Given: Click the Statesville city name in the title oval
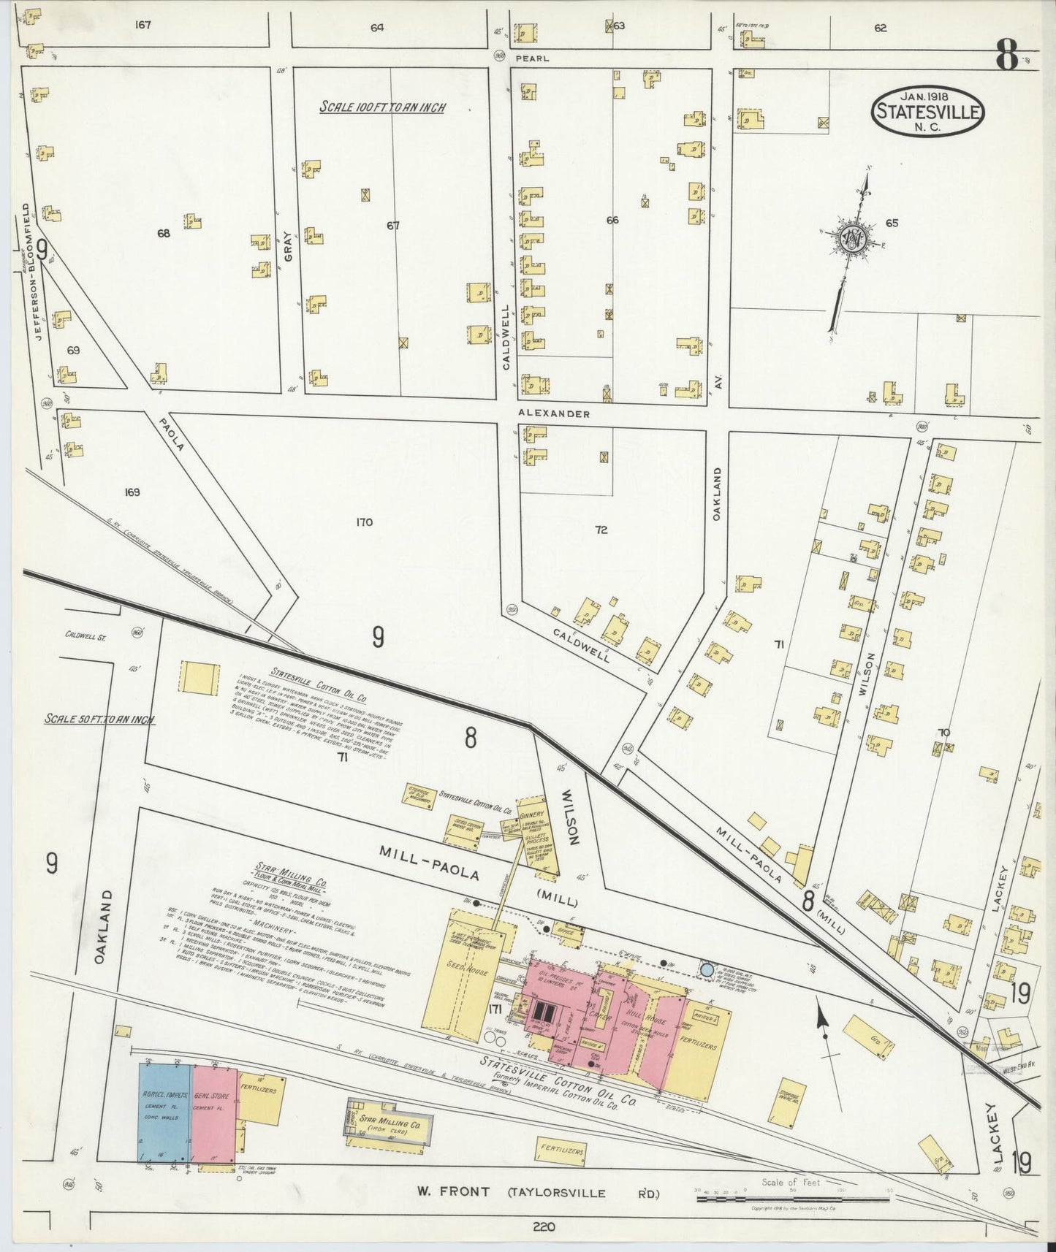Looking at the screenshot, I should pyautogui.click(x=927, y=112).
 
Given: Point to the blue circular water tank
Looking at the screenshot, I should pyautogui.click(x=706, y=970).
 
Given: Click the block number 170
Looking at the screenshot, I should pyautogui.click(x=364, y=522).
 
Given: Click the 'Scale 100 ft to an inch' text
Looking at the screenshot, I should pyautogui.click(x=382, y=107).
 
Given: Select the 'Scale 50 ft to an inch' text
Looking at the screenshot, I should pyautogui.click(x=99, y=719).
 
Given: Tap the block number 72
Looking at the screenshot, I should pyautogui.click(x=601, y=530).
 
